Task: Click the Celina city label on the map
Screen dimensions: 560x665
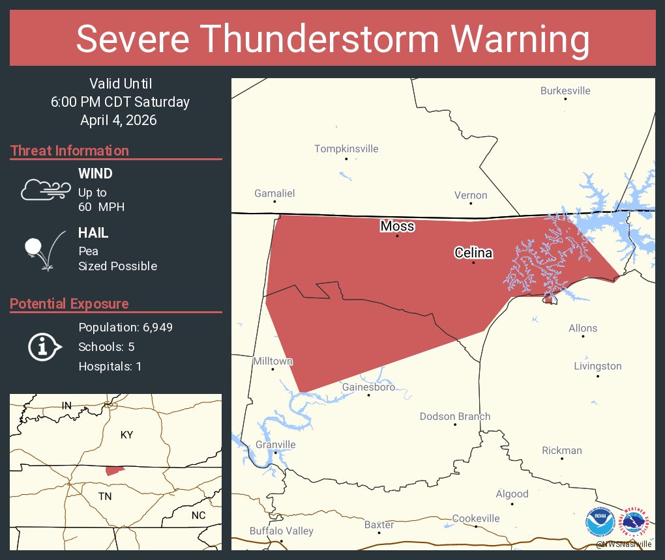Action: tap(473, 253)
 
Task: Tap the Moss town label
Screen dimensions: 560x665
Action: tap(397, 226)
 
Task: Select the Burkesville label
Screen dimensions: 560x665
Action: tap(565, 91)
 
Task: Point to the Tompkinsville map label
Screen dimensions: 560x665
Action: tap(346, 148)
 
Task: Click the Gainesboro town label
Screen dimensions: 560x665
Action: tap(368, 387)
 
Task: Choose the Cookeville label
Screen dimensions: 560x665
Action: tap(476, 518)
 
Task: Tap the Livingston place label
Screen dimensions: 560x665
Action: tap(597, 366)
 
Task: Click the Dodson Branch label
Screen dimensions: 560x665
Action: tap(455, 416)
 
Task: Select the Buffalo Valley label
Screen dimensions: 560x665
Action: tap(282, 531)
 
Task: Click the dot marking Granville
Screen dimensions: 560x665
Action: tap(275, 453)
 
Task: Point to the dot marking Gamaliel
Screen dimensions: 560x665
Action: tap(275, 201)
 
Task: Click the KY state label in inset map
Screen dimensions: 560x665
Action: tap(126, 434)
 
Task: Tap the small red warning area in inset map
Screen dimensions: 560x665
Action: tap(114, 470)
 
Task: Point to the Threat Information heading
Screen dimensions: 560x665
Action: tap(70, 150)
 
